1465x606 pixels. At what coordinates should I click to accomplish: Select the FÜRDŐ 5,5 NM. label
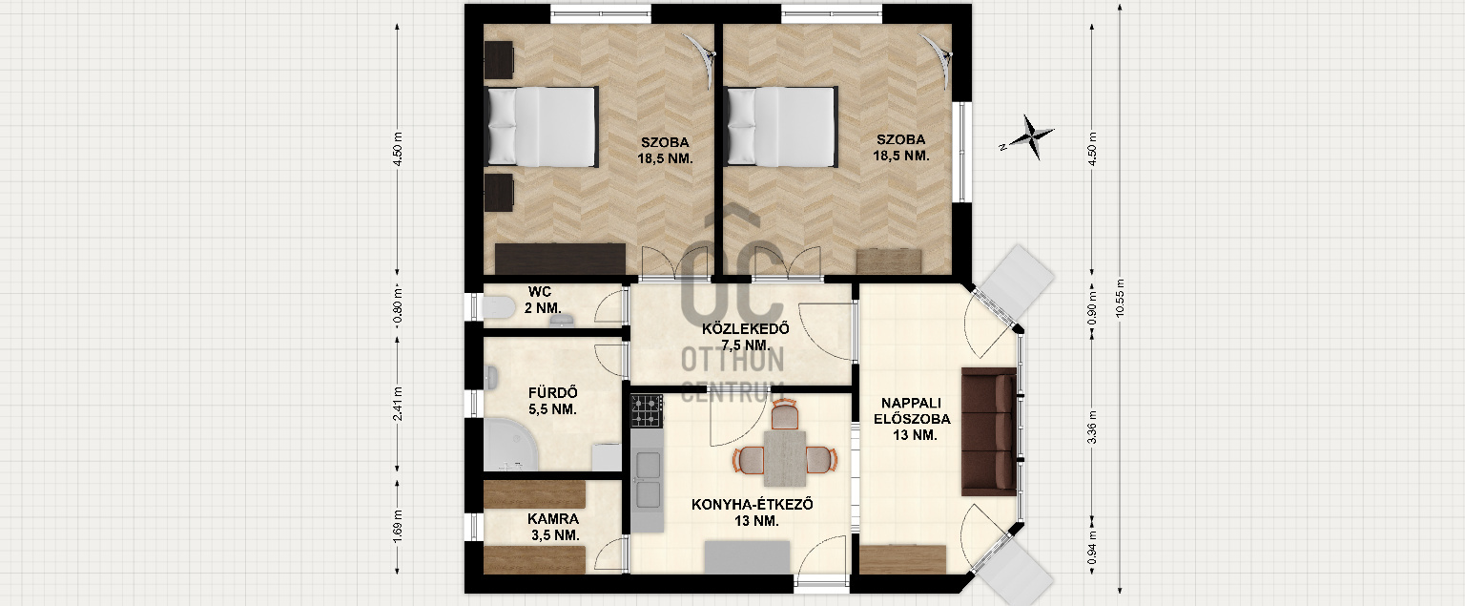point(552,401)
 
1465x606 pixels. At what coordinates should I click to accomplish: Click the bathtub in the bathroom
point(511,445)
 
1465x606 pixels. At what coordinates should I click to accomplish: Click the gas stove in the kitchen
point(647,411)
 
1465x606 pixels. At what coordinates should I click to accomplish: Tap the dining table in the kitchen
point(785,458)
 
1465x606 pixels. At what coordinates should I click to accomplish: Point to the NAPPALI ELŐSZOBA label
point(912,419)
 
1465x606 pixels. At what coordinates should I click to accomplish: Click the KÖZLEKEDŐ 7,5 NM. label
point(746,337)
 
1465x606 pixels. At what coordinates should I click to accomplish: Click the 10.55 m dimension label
point(1121,299)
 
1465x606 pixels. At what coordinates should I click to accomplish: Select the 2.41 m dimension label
point(399,404)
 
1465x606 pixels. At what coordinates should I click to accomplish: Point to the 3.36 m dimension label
point(1091,427)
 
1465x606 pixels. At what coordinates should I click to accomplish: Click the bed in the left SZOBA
point(542,126)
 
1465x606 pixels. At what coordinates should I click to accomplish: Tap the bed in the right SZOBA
point(781,126)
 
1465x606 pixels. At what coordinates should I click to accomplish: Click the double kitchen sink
point(648,480)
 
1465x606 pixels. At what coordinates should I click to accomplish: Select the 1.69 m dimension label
point(399,526)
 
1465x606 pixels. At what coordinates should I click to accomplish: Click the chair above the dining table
point(785,415)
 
